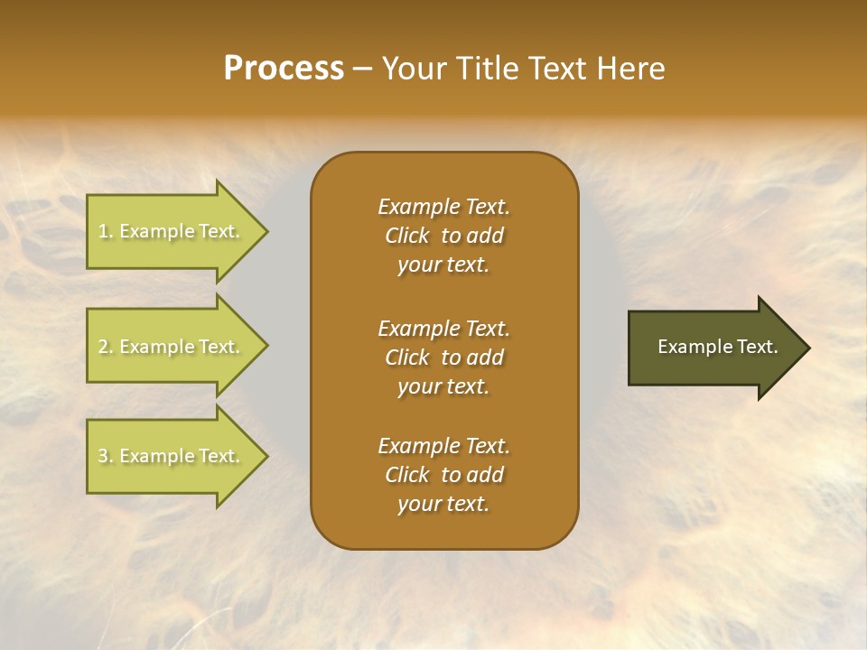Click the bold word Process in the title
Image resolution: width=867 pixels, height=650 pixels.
pyautogui.click(x=284, y=69)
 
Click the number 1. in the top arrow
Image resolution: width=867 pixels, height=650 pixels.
pyautogui.click(x=105, y=231)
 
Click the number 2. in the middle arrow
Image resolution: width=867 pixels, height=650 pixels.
pyautogui.click(x=105, y=347)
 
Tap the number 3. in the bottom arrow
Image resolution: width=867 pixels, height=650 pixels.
pyautogui.click(x=105, y=456)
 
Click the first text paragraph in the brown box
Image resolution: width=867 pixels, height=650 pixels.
pyautogui.click(x=443, y=236)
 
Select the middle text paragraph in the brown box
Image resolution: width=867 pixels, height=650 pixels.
pyautogui.click(x=443, y=357)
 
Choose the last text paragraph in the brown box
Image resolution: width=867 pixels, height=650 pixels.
pyautogui.click(x=443, y=475)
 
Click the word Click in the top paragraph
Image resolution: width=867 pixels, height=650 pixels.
pyautogui.click(x=407, y=236)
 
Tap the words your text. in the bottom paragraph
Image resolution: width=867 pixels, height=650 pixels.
pyautogui.click(x=443, y=504)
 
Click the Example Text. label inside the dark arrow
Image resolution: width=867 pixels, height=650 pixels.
pyautogui.click(x=717, y=347)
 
